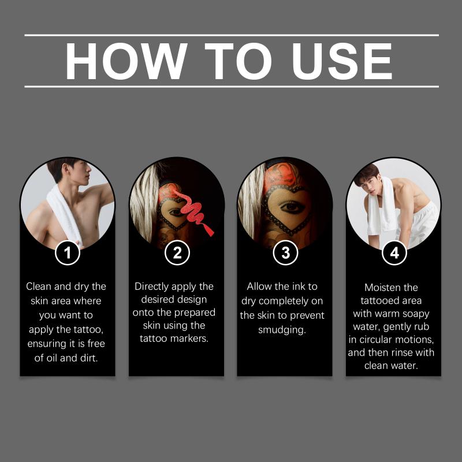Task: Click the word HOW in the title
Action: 126,61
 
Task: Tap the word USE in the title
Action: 342,61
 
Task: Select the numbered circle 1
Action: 68,253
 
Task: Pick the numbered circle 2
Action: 177,253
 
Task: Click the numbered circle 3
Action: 285,253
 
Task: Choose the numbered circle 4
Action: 394,253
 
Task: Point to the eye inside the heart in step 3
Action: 292,207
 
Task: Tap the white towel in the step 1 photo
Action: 63,215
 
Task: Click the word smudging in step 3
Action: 282,330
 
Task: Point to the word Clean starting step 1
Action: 39,286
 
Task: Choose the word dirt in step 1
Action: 89,358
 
